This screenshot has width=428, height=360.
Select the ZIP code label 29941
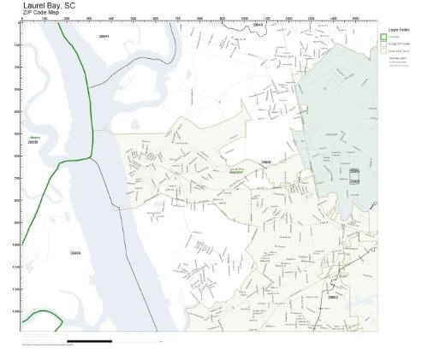104,37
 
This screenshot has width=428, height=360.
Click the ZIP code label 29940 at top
259,26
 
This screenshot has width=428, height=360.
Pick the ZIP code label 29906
266,161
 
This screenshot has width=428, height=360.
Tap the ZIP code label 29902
333,297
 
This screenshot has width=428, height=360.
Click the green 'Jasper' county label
33,137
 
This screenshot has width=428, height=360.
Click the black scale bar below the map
111,341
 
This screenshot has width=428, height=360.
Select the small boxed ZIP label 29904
354,172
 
